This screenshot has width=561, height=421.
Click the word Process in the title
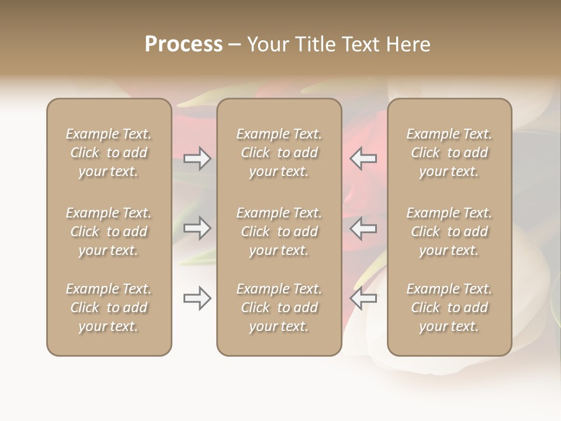pyautogui.click(x=183, y=44)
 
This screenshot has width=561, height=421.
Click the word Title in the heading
pyautogui.click(x=314, y=44)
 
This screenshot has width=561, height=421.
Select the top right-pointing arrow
pyautogui.click(x=198, y=158)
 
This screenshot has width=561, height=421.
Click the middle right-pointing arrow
pyautogui.click(x=198, y=228)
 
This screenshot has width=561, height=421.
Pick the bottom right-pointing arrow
pyautogui.click(x=198, y=298)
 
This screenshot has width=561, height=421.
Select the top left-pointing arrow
pyautogui.click(x=363, y=158)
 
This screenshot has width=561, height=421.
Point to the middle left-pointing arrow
pyautogui.click(x=363, y=228)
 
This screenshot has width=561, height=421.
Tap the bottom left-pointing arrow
pyautogui.click(x=363, y=298)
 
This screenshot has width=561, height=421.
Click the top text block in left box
pyautogui.click(x=109, y=153)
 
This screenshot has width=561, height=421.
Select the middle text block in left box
pyautogui.click(x=109, y=232)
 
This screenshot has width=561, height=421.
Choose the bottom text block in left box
pyautogui.click(x=109, y=308)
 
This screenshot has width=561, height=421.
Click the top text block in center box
pyautogui.click(x=279, y=153)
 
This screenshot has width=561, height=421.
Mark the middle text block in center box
pyautogui.click(x=279, y=232)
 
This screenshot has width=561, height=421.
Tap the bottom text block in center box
pyautogui.click(x=279, y=308)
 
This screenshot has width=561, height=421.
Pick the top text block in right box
pyautogui.click(x=449, y=153)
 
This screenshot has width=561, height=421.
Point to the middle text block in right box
pyautogui.click(x=449, y=232)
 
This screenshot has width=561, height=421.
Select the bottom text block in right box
pyautogui.click(x=449, y=308)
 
